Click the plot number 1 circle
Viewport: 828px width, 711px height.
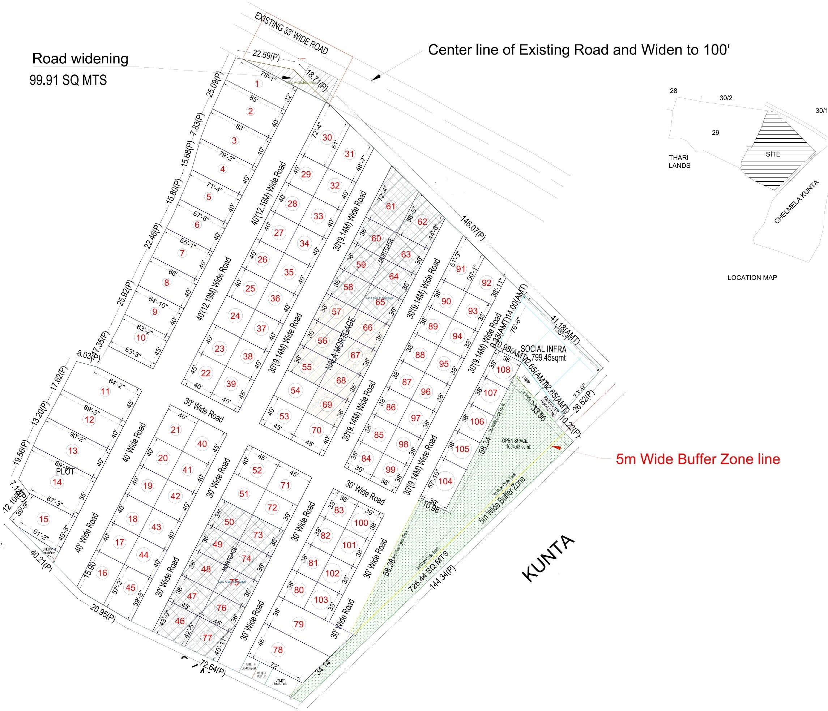257,83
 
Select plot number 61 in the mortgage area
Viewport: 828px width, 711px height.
390,206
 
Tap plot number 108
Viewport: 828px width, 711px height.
503,369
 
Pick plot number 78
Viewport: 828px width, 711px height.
278,650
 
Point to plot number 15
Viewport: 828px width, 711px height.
43,519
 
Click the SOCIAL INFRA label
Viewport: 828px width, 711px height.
543,349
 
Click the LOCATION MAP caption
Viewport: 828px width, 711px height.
752,278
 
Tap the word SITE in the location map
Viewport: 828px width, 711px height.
773,154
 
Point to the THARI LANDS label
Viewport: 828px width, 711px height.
679,161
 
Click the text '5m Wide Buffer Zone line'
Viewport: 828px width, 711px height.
698,459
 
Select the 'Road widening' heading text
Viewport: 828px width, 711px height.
80,58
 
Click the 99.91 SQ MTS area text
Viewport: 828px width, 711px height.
68,80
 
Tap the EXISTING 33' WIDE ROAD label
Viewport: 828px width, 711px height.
291,33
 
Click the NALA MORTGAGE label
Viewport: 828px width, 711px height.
341,343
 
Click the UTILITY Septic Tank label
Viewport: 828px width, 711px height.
280,682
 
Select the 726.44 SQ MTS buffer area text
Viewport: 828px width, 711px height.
428,571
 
